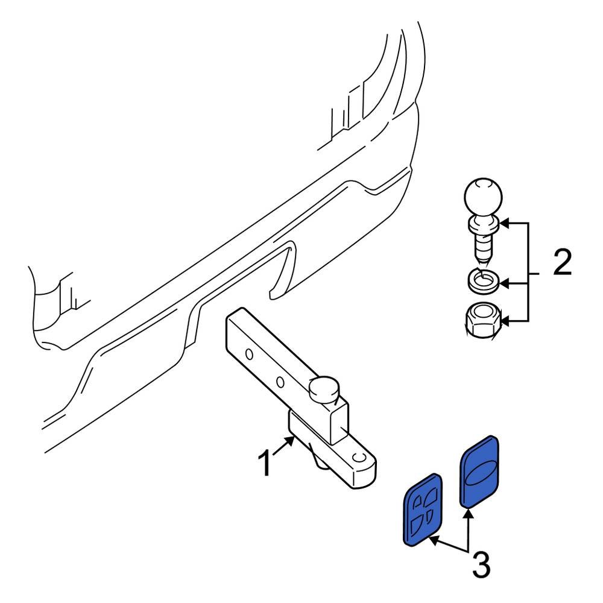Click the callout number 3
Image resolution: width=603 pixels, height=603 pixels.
[481, 564]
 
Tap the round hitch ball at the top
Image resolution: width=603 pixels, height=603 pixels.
[484, 197]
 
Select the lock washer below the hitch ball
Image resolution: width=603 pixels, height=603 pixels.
[483, 282]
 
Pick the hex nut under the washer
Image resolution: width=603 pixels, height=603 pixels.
[483, 320]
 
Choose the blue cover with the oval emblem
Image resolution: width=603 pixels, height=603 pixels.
[479, 472]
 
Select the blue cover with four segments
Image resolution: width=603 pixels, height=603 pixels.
[422, 509]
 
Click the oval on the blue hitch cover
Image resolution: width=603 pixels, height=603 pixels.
[479, 472]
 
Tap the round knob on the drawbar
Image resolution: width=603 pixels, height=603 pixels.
[324, 389]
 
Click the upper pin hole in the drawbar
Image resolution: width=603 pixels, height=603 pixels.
[249, 354]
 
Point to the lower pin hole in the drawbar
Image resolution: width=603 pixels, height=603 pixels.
[280, 382]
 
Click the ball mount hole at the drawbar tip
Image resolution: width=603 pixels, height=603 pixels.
[359, 457]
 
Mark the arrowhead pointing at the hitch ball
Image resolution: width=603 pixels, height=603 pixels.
[504, 223]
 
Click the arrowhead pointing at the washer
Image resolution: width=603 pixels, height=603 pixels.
[504, 284]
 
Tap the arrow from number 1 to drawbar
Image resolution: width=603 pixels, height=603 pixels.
[284, 446]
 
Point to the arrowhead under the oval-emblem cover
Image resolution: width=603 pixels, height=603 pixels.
[468, 513]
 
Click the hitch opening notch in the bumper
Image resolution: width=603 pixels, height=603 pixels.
[283, 270]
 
